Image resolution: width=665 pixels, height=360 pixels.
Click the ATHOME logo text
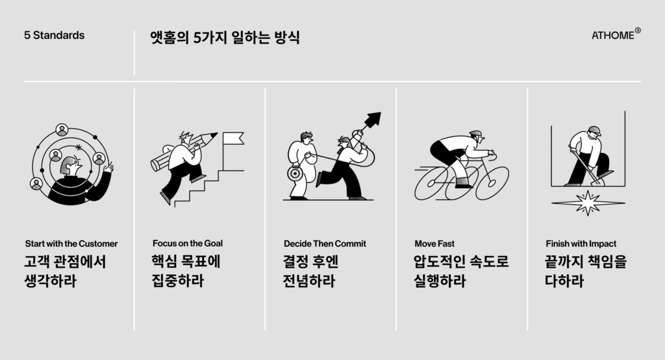[613, 35]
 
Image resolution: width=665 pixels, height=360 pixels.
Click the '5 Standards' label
[55, 35]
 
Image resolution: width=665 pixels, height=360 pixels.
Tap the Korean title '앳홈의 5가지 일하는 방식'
[225, 37]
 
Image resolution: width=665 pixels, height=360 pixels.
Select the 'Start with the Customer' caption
[71, 244]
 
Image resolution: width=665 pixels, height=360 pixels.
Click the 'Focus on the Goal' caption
[188, 243]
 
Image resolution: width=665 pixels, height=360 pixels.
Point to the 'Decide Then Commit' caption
[325, 244]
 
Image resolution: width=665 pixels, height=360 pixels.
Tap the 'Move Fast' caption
[434, 244]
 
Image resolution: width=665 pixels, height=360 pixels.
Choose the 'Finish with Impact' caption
[581, 244]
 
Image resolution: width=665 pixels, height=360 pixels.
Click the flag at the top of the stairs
[233, 138]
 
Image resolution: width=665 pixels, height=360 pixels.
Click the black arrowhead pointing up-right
[373, 119]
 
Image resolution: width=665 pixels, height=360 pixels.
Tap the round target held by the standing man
[294, 174]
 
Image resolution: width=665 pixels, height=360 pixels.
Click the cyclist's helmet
[476, 134]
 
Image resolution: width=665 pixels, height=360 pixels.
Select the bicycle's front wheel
[492, 183]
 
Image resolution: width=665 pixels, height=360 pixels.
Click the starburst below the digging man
[588, 203]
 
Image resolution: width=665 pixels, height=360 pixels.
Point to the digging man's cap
[595, 130]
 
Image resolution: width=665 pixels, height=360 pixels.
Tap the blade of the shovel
[597, 181]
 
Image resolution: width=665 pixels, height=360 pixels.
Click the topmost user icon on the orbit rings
[62, 130]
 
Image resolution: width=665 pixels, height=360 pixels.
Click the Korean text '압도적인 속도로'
[461, 261]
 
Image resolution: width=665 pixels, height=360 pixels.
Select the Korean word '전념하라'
[308, 281]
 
